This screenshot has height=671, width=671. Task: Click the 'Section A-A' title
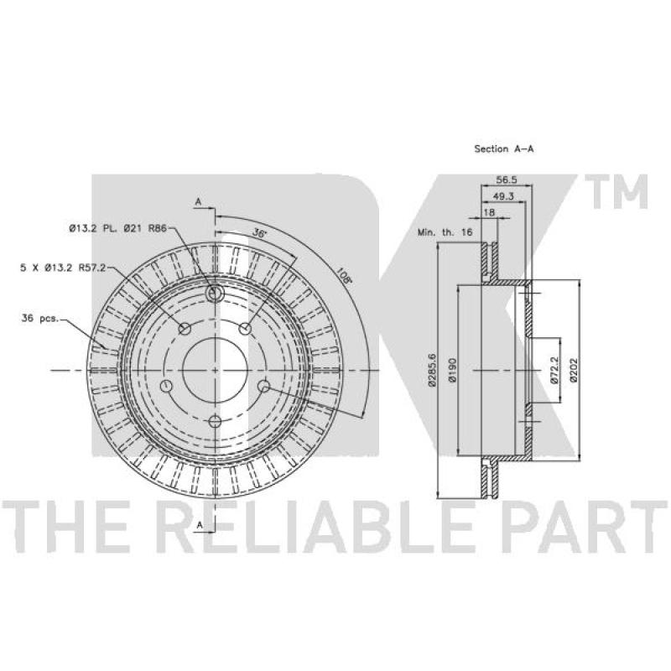coord(504,149)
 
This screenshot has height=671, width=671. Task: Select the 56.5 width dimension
coord(507,179)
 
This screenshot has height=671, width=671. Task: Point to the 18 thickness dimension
coord(489,212)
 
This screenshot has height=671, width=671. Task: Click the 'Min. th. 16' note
coord(445,232)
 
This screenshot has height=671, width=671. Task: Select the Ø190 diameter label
coord(453,370)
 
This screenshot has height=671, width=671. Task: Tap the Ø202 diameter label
coord(574,370)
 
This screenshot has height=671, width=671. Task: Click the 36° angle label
coord(259,233)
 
